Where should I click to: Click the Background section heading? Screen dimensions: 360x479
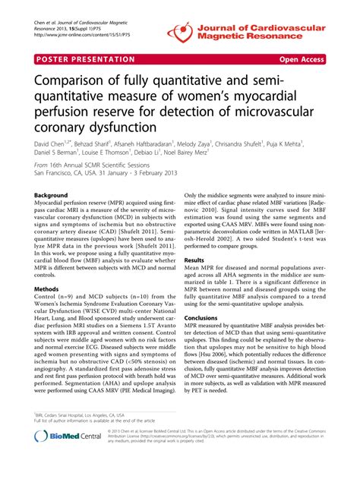[53, 196]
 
